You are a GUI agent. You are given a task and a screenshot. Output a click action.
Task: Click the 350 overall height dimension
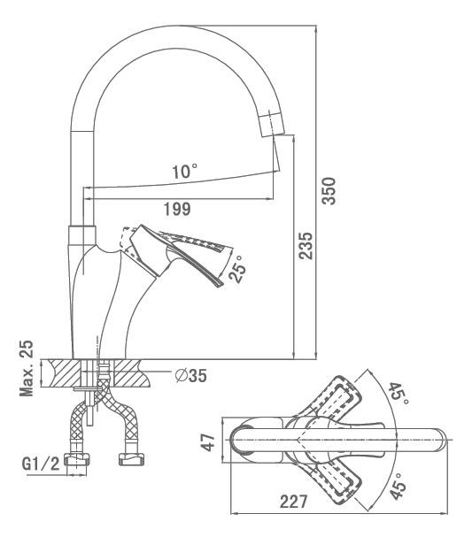[329, 191]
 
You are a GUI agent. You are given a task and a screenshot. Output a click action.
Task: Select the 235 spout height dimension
[305, 246]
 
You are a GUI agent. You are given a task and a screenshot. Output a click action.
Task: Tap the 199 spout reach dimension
[177, 209]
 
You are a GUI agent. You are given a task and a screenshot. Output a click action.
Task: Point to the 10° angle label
[185, 172]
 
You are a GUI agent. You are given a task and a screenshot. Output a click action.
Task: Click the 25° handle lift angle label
[238, 268]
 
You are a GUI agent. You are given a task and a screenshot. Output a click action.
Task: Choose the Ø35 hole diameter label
[191, 376]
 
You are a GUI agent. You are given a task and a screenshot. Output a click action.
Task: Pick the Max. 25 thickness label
[27, 368]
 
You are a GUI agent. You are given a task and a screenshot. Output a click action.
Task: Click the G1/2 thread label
[41, 464]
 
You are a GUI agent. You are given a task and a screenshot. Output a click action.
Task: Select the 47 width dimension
[208, 441]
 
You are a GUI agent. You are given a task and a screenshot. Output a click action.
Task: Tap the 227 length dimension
[294, 502]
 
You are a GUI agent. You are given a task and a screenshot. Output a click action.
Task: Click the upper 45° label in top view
[398, 394]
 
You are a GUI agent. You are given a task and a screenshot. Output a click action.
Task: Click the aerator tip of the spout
[273, 124]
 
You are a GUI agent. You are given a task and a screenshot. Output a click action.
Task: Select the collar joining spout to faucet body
[82, 235]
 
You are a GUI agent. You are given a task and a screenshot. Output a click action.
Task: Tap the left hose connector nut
[78, 459]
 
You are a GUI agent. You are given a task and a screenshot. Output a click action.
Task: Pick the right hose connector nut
[131, 459]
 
